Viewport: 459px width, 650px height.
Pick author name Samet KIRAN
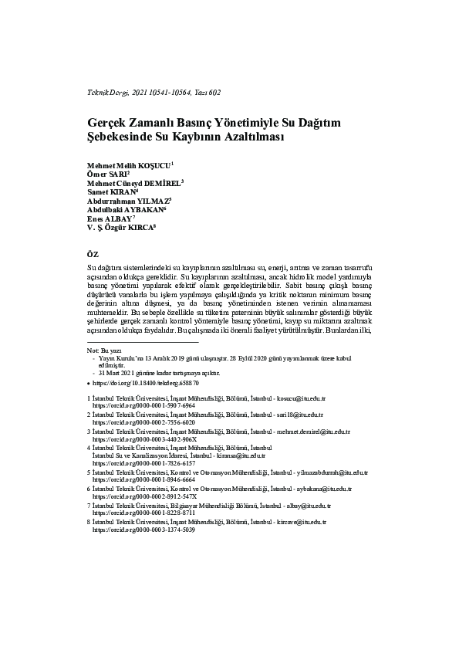click(110, 191)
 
